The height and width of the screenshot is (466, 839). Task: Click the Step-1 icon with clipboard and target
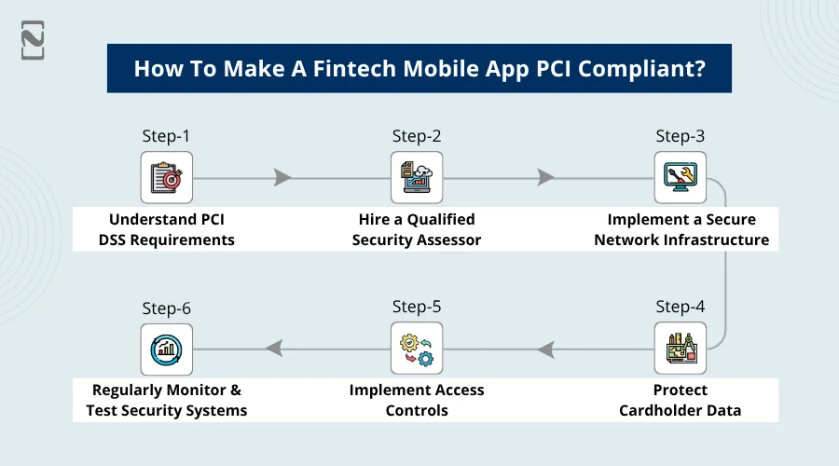click(x=167, y=178)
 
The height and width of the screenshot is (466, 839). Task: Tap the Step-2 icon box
click(x=417, y=178)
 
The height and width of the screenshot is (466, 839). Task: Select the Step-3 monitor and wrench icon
click(x=680, y=178)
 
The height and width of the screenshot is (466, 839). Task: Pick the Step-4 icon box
click(x=680, y=349)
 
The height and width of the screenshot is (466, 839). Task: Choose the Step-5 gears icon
click(x=417, y=349)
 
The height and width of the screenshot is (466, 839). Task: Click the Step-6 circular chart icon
click(x=167, y=349)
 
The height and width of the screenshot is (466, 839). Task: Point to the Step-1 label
click(x=167, y=136)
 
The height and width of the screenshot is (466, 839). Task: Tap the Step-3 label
click(x=680, y=136)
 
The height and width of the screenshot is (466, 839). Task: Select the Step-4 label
click(x=680, y=307)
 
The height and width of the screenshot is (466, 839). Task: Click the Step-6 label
click(x=167, y=307)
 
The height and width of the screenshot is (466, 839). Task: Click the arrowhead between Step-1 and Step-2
click(x=283, y=178)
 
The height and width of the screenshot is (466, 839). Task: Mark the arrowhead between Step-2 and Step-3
click(x=545, y=178)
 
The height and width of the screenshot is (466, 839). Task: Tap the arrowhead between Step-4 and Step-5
click(x=545, y=349)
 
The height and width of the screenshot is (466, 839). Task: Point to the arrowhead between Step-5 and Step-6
click(x=274, y=349)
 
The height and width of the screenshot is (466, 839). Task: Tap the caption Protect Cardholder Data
click(x=680, y=400)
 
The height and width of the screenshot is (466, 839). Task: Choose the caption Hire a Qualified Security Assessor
click(x=417, y=229)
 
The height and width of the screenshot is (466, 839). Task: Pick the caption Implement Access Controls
click(x=417, y=400)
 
